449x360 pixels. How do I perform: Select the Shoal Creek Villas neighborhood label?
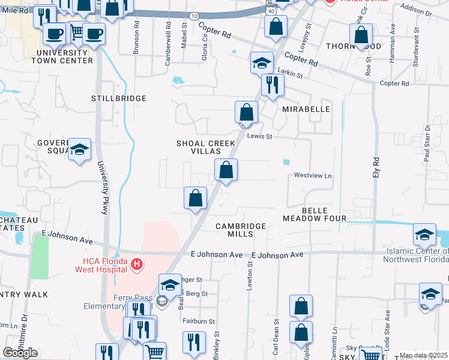pos(205,147)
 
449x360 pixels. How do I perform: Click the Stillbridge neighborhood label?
pos(119,98)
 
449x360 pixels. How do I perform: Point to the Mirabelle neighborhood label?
pos(306,109)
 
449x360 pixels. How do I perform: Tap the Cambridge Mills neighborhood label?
pos(241,230)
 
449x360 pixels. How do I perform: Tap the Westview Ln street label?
pos(313,176)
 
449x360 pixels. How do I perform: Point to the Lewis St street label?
pos(261,137)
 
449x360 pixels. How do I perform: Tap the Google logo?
pos(20,353)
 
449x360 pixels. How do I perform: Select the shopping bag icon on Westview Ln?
pos(226,170)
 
